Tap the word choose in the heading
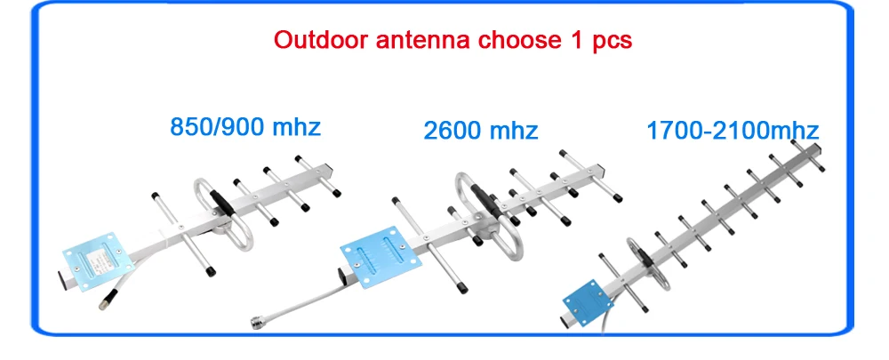coord(511,41)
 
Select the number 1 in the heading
coord(572,41)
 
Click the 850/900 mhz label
coord(245,127)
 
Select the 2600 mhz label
coord(481,131)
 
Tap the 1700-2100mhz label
coord(732,132)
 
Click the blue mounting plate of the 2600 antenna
coord(372,254)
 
